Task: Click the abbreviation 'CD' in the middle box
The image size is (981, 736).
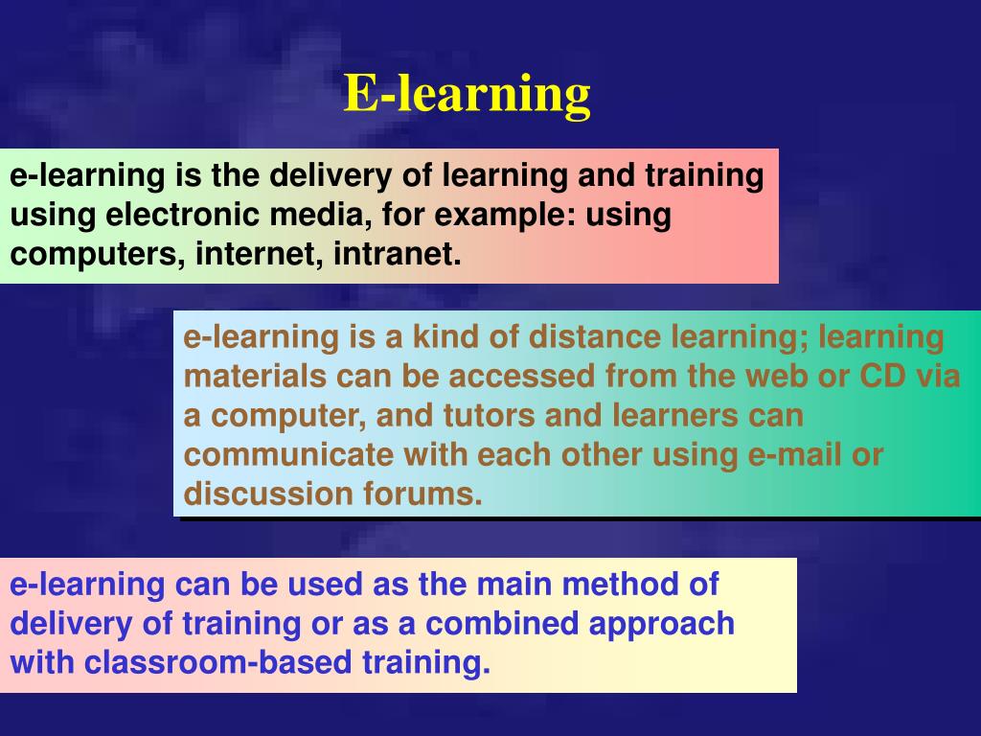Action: (882, 376)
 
